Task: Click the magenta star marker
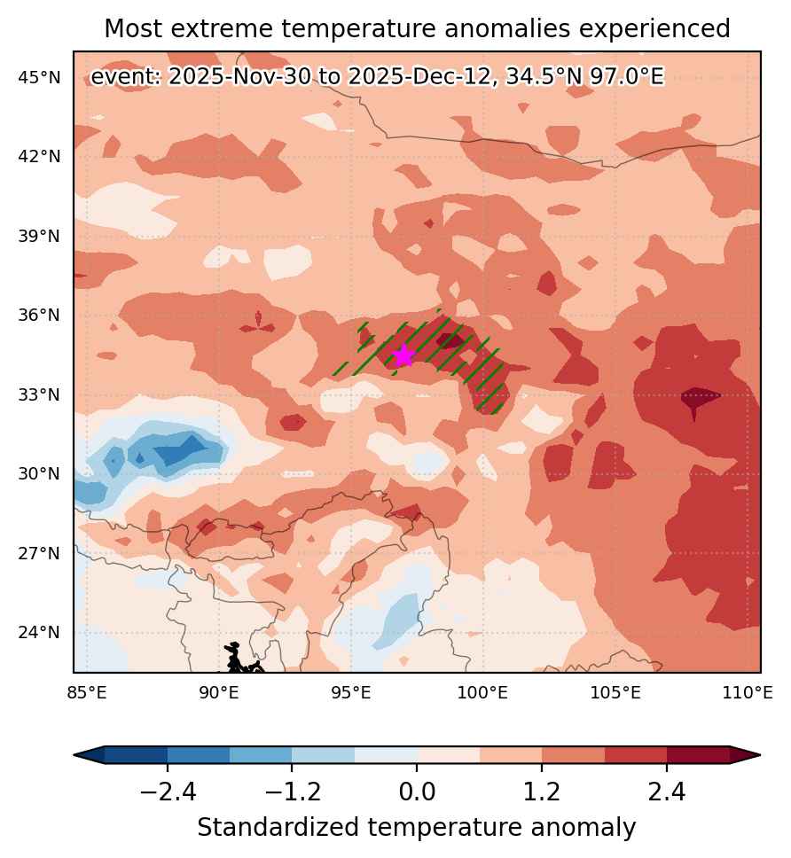[x=403, y=355]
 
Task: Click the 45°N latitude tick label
[x=39, y=78]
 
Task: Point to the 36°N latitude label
[x=39, y=316]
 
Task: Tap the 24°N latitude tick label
[x=39, y=633]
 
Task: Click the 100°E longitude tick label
[x=482, y=693]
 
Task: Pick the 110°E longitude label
[x=748, y=693]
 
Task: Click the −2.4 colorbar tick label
[x=168, y=792]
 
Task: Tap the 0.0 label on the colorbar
[x=417, y=792]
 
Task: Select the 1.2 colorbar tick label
[x=542, y=792]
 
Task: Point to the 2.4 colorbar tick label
[x=667, y=792]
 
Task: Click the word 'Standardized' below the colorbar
[x=278, y=827]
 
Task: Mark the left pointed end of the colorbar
[x=74, y=755]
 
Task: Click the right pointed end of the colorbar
[x=760, y=755]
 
